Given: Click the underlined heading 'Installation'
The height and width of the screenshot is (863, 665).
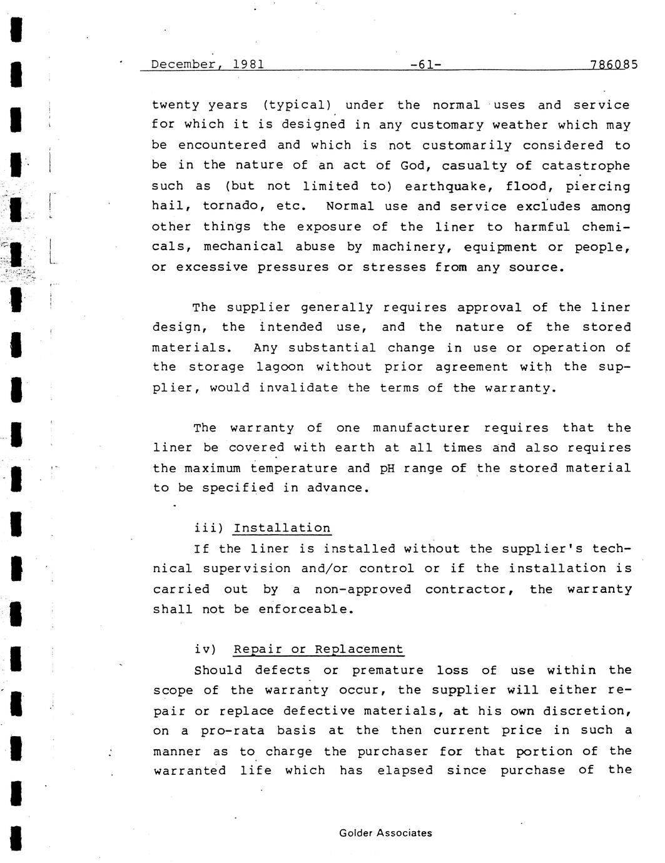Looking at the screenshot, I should click(x=282, y=528).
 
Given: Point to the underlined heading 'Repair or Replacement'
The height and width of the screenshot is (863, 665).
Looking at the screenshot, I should click(x=318, y=650).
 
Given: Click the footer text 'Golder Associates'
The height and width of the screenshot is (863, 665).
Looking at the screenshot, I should click(x=385, y=833).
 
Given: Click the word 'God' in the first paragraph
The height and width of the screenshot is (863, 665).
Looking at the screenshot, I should click(x=412, y=166).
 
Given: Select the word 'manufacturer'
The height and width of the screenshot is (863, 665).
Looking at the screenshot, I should click(x=420, y=428).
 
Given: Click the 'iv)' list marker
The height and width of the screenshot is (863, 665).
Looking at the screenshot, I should click(x=206, y=650).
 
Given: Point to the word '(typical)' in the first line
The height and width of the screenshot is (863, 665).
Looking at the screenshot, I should click(x=296, y=106).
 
